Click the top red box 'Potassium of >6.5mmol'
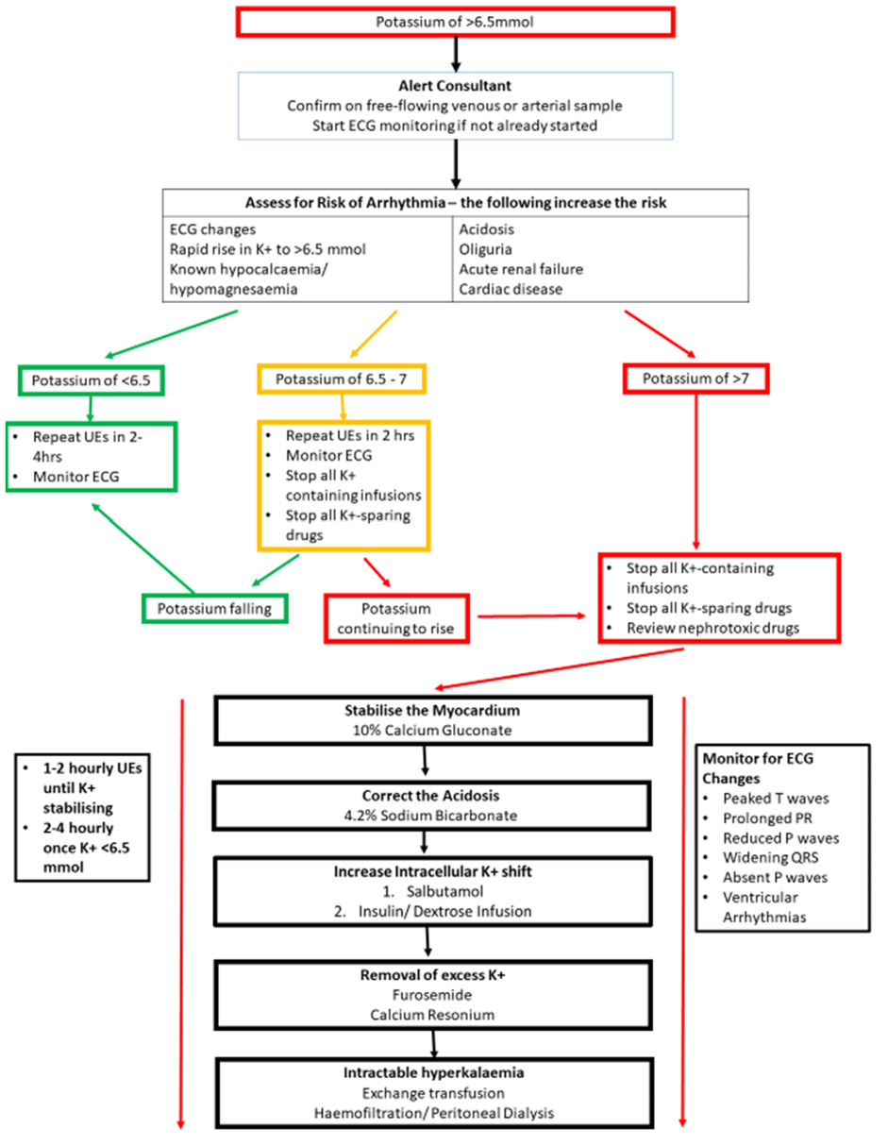click(x=458, y=22)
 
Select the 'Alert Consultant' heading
click(x=458, y=87)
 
